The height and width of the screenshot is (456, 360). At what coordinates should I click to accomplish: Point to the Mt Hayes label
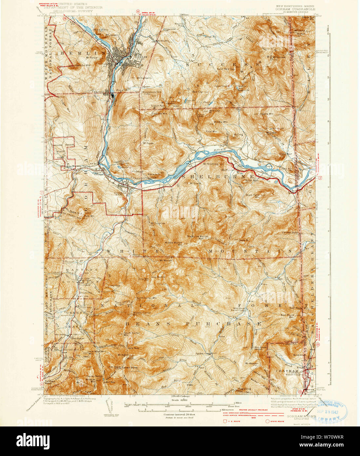click(x=148, y=143)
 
